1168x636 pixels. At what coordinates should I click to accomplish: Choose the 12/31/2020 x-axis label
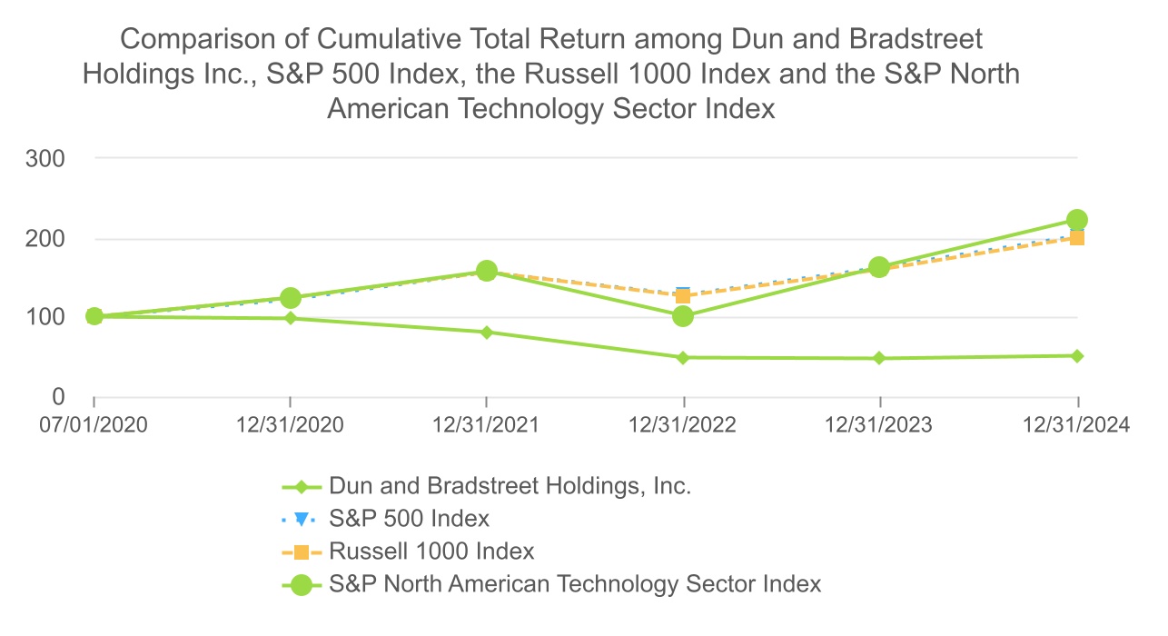click(290, 424)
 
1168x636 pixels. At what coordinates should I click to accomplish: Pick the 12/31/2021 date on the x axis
click(487, 424)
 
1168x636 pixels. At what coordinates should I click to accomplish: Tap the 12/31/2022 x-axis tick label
click(683, 424)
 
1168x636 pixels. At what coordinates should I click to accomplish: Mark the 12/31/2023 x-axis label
click(879, 424)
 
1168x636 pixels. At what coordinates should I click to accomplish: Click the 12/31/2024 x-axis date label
click(1076, 424)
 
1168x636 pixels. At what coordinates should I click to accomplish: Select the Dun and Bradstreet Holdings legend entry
click(510, 486)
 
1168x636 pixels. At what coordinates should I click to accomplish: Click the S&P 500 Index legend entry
click(410, 519)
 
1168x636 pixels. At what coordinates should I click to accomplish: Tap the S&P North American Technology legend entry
click(575, 583)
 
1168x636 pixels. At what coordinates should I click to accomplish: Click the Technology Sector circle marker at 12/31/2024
click(1077, 220)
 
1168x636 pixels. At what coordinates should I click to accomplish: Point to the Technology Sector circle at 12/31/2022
click(683, 316)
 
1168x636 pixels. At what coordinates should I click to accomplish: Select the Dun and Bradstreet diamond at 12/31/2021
click(487, 333)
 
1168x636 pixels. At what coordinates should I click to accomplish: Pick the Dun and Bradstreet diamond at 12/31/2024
click(1077, 356)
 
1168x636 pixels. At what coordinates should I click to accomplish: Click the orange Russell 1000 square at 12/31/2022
click(683, 296)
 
